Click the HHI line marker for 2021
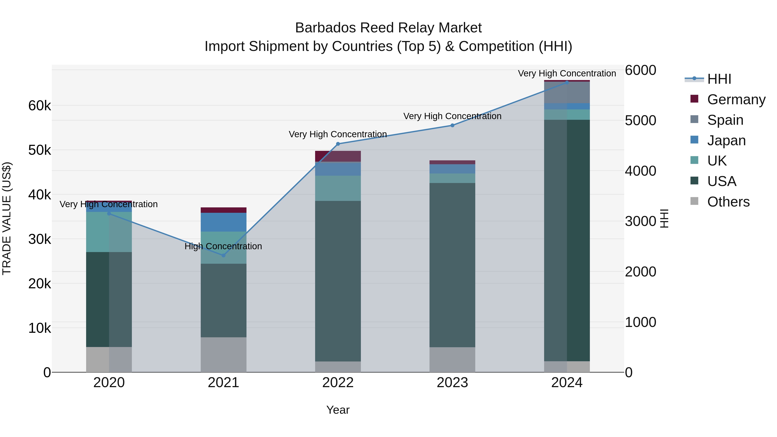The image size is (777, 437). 224,256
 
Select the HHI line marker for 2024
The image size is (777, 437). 567,82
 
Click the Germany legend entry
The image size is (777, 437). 736,99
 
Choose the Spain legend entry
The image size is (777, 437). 725,120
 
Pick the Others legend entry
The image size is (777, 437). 728,202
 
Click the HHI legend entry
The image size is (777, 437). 719,79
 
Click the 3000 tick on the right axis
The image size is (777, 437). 640,221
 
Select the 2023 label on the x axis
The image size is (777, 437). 452,383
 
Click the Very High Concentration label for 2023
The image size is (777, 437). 452,116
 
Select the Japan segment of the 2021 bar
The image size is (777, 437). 224,222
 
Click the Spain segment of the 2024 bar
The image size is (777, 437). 567,92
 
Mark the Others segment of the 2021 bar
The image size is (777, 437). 224,354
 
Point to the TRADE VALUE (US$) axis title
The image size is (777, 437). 7,218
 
